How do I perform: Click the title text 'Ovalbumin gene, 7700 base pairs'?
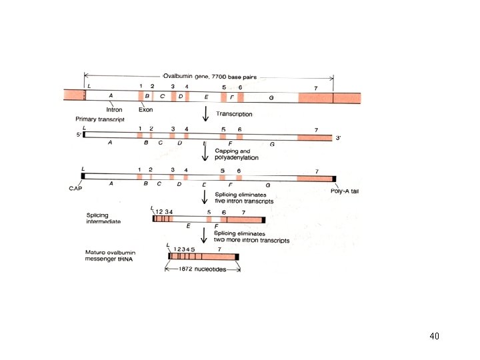click(x=208, y=76)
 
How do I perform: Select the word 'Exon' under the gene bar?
click(x=146, y=109)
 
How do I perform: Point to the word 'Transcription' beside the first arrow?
click(x=233, y=114)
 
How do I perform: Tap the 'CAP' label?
click(x=75, y=189)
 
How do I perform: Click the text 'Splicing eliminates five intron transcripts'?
click(x=244, y=197)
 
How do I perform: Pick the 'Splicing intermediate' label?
click(x=103, y=218)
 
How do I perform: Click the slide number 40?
click(x=434, y=336)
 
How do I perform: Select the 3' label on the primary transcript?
click(x=338, y=138)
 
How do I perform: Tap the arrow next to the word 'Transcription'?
click(x=206, y=115)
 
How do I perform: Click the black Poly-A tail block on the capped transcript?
click(x=335, y=178)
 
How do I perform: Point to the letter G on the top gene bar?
click(x=271, y=97)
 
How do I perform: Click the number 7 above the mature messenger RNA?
click(x=219, y=249)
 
